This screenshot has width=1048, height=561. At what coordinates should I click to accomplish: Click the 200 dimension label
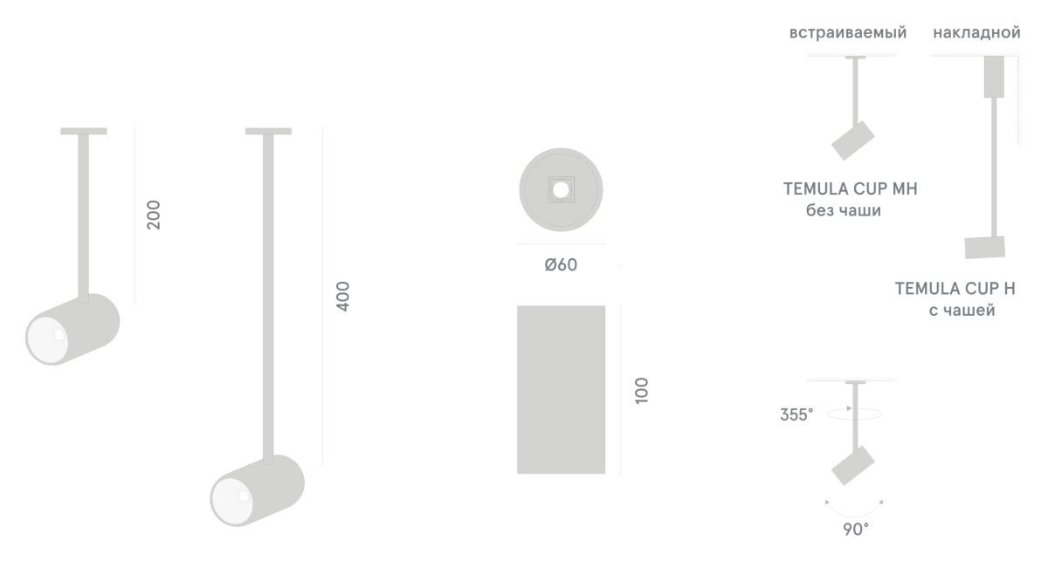pyautogui.click(x=154, y=215)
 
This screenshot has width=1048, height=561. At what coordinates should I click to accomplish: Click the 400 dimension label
pyautogui.click(x=343, y=297)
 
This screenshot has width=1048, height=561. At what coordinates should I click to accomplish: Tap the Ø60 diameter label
pyautogui.click(x=561, y=265)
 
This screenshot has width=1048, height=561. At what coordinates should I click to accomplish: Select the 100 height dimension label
pyautogui.click(x=642, y=390)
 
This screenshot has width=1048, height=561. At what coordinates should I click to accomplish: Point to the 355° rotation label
pyautogui.click(x=796, y=414)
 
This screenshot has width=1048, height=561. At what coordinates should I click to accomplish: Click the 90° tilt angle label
pyautogui.click(x=856, y=530)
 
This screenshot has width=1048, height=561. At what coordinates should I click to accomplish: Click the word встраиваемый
pyautogui.click(x=848, y=33)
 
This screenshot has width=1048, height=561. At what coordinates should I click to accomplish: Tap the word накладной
pyautogui.click(x=977, y=33)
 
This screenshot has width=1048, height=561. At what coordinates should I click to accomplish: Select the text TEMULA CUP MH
pyautogui.click(x=851, y=188)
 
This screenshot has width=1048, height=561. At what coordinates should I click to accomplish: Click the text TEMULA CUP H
pyautogui.click(x=955, y=289)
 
